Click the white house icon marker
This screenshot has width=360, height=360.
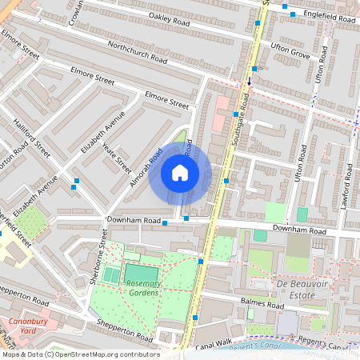(x=180, y=172)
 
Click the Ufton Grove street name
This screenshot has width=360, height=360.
(x=289, y=53)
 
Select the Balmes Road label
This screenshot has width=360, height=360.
(x=263, y=305)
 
